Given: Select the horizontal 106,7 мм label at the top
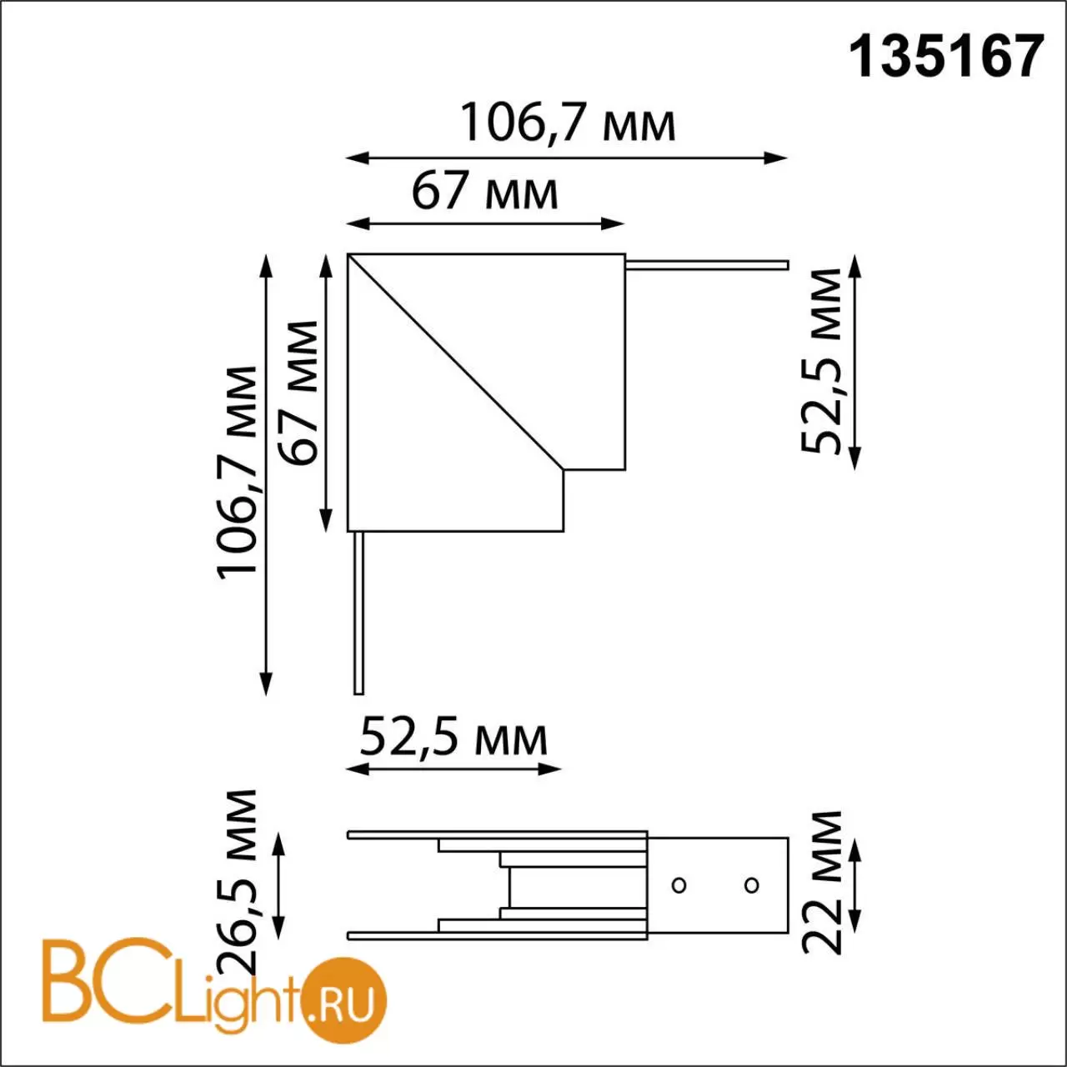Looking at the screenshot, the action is tap(568, 123).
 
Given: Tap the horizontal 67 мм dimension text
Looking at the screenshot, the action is tap(484, 191).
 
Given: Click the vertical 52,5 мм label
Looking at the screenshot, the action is tap(821, 361).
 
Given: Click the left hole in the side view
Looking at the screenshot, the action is tap(679, 884).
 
